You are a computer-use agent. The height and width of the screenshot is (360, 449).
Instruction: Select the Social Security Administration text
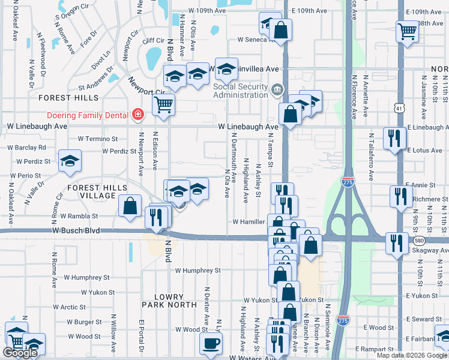(x=241, y=91)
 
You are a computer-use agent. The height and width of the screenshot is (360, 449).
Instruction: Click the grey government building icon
(x=277, y=91)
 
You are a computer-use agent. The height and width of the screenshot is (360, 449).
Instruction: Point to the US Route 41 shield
(x=399, y=108)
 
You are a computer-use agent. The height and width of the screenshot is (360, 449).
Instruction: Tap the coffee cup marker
(x=211, y=344)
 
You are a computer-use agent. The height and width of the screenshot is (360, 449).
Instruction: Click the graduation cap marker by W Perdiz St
(x=70, y=161)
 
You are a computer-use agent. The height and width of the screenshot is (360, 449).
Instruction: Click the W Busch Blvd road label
(x=76, y=230)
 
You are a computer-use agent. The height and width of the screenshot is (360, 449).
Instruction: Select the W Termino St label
(x=100, y=139)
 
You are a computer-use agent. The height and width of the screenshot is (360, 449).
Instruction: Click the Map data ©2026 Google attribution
(x=411, y=355)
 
